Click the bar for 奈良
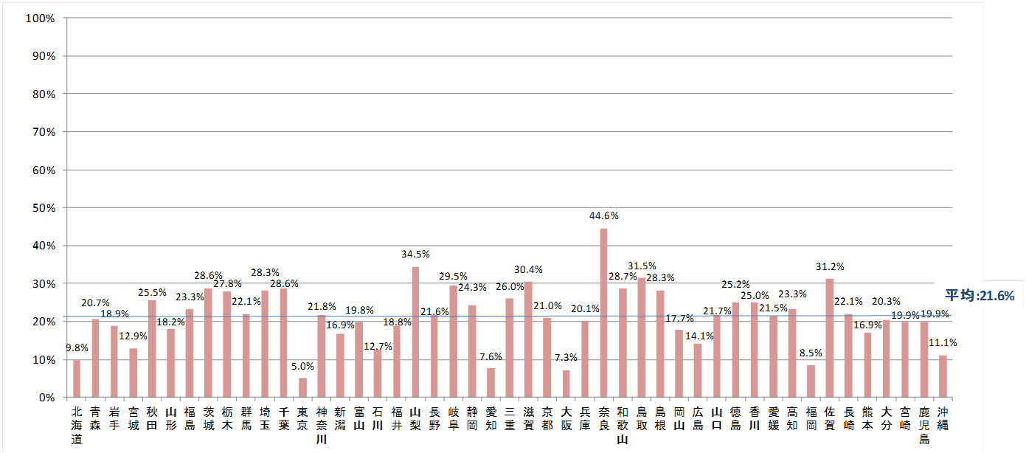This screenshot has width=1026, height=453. click(x=603, y=313)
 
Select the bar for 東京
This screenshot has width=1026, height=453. click(x=302, y=387)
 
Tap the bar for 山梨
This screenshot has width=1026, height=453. click(x=415, y=332)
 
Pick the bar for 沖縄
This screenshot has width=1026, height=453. click(x=942, y=376)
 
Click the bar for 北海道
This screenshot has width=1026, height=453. click(x=77, y=378)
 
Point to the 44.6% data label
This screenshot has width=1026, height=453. click(x=603, y=216)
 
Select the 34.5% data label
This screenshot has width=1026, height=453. click(x=415, y=255)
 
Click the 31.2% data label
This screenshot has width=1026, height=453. click(x=830, y=266)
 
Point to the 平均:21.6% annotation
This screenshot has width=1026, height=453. click(x=980, y=296)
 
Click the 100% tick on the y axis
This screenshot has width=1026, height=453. click(x=41, y=18)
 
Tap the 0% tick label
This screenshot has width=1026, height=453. click(x=46, y=398)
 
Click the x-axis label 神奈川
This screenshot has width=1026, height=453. click(x=322, y=425)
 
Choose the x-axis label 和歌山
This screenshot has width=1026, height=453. click(x=623, y=425)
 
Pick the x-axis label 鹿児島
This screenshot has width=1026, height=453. click(x=923, y=425)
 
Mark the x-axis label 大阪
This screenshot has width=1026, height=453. click(x=566, y=419)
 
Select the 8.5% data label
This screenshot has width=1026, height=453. click(x=811, y=353)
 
